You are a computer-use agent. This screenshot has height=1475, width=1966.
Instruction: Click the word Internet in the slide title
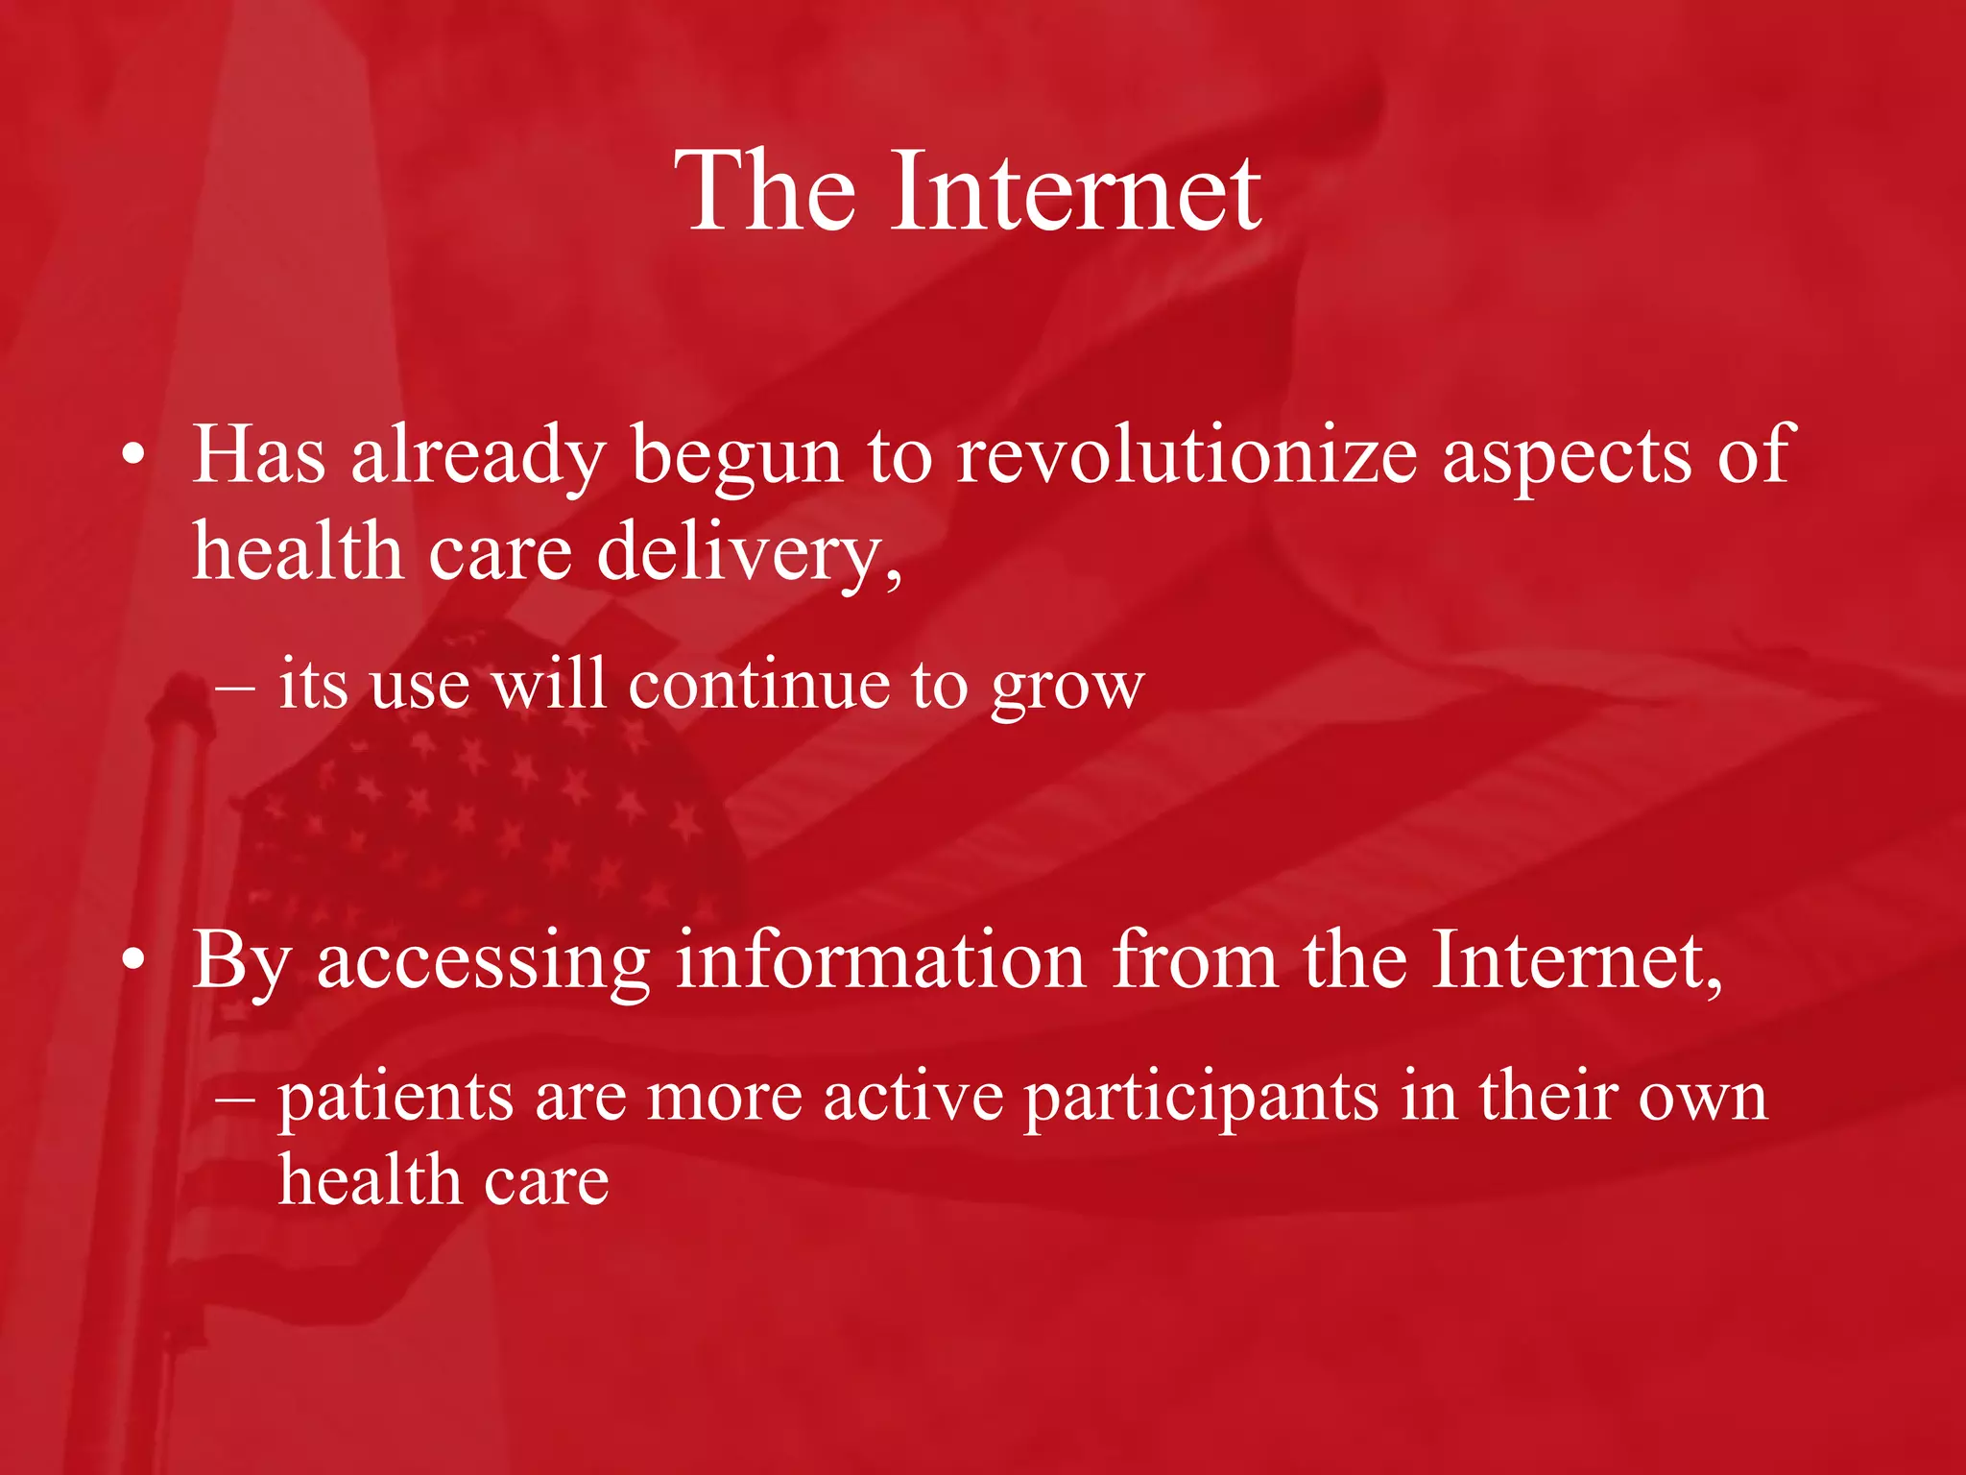tap(1075, 192)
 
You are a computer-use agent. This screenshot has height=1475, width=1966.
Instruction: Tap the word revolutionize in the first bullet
tap(1187, 455)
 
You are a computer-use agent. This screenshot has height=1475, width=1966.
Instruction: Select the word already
tap(477, 457)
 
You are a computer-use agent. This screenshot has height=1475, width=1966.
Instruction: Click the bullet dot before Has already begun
tap(134, 455)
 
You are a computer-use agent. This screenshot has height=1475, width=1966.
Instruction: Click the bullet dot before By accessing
tap(134, 960)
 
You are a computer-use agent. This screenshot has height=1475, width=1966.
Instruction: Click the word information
tap(880, 960)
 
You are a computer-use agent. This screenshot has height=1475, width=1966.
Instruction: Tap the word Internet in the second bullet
tap(1574, 960)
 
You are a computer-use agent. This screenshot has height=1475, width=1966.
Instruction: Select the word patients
tap(396, 1099)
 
